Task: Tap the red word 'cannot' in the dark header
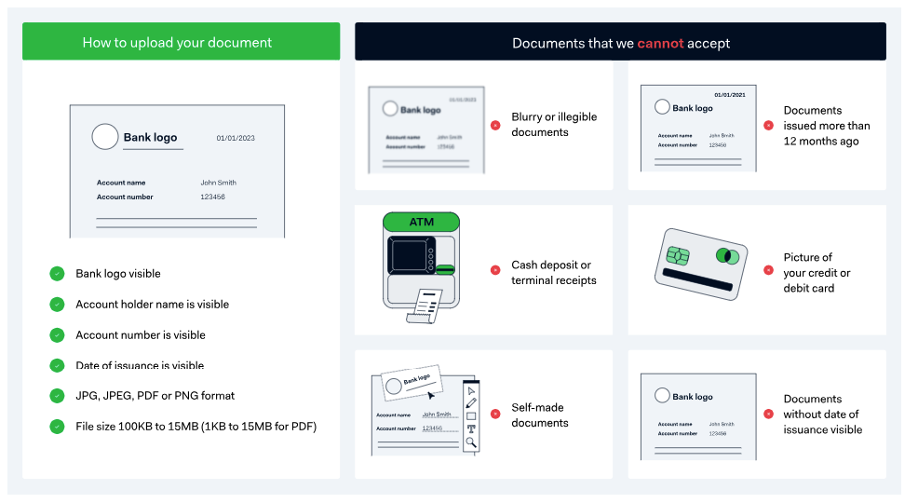coord(660,43)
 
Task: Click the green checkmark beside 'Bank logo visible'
coord(57,274)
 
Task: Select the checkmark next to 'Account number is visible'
coord(57,334)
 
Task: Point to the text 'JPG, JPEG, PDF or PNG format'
coord(155,395)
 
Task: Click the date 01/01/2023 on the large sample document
coord(236,138)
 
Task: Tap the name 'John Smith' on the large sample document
coord(219,183)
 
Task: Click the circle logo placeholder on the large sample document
coord(105,137)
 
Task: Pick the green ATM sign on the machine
coord(421,222)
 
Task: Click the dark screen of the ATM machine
coord(410,255)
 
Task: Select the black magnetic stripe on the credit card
coord(701,280)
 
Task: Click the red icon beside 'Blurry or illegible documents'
coord(495,125)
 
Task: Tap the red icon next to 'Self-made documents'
coord(495,415)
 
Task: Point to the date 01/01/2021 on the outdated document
coord(730,95)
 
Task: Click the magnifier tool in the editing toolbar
coord(471,442)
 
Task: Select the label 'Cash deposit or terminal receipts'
coord(554,272)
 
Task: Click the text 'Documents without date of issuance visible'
coord(822,415)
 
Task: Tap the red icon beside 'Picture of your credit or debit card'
coord(768,270)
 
